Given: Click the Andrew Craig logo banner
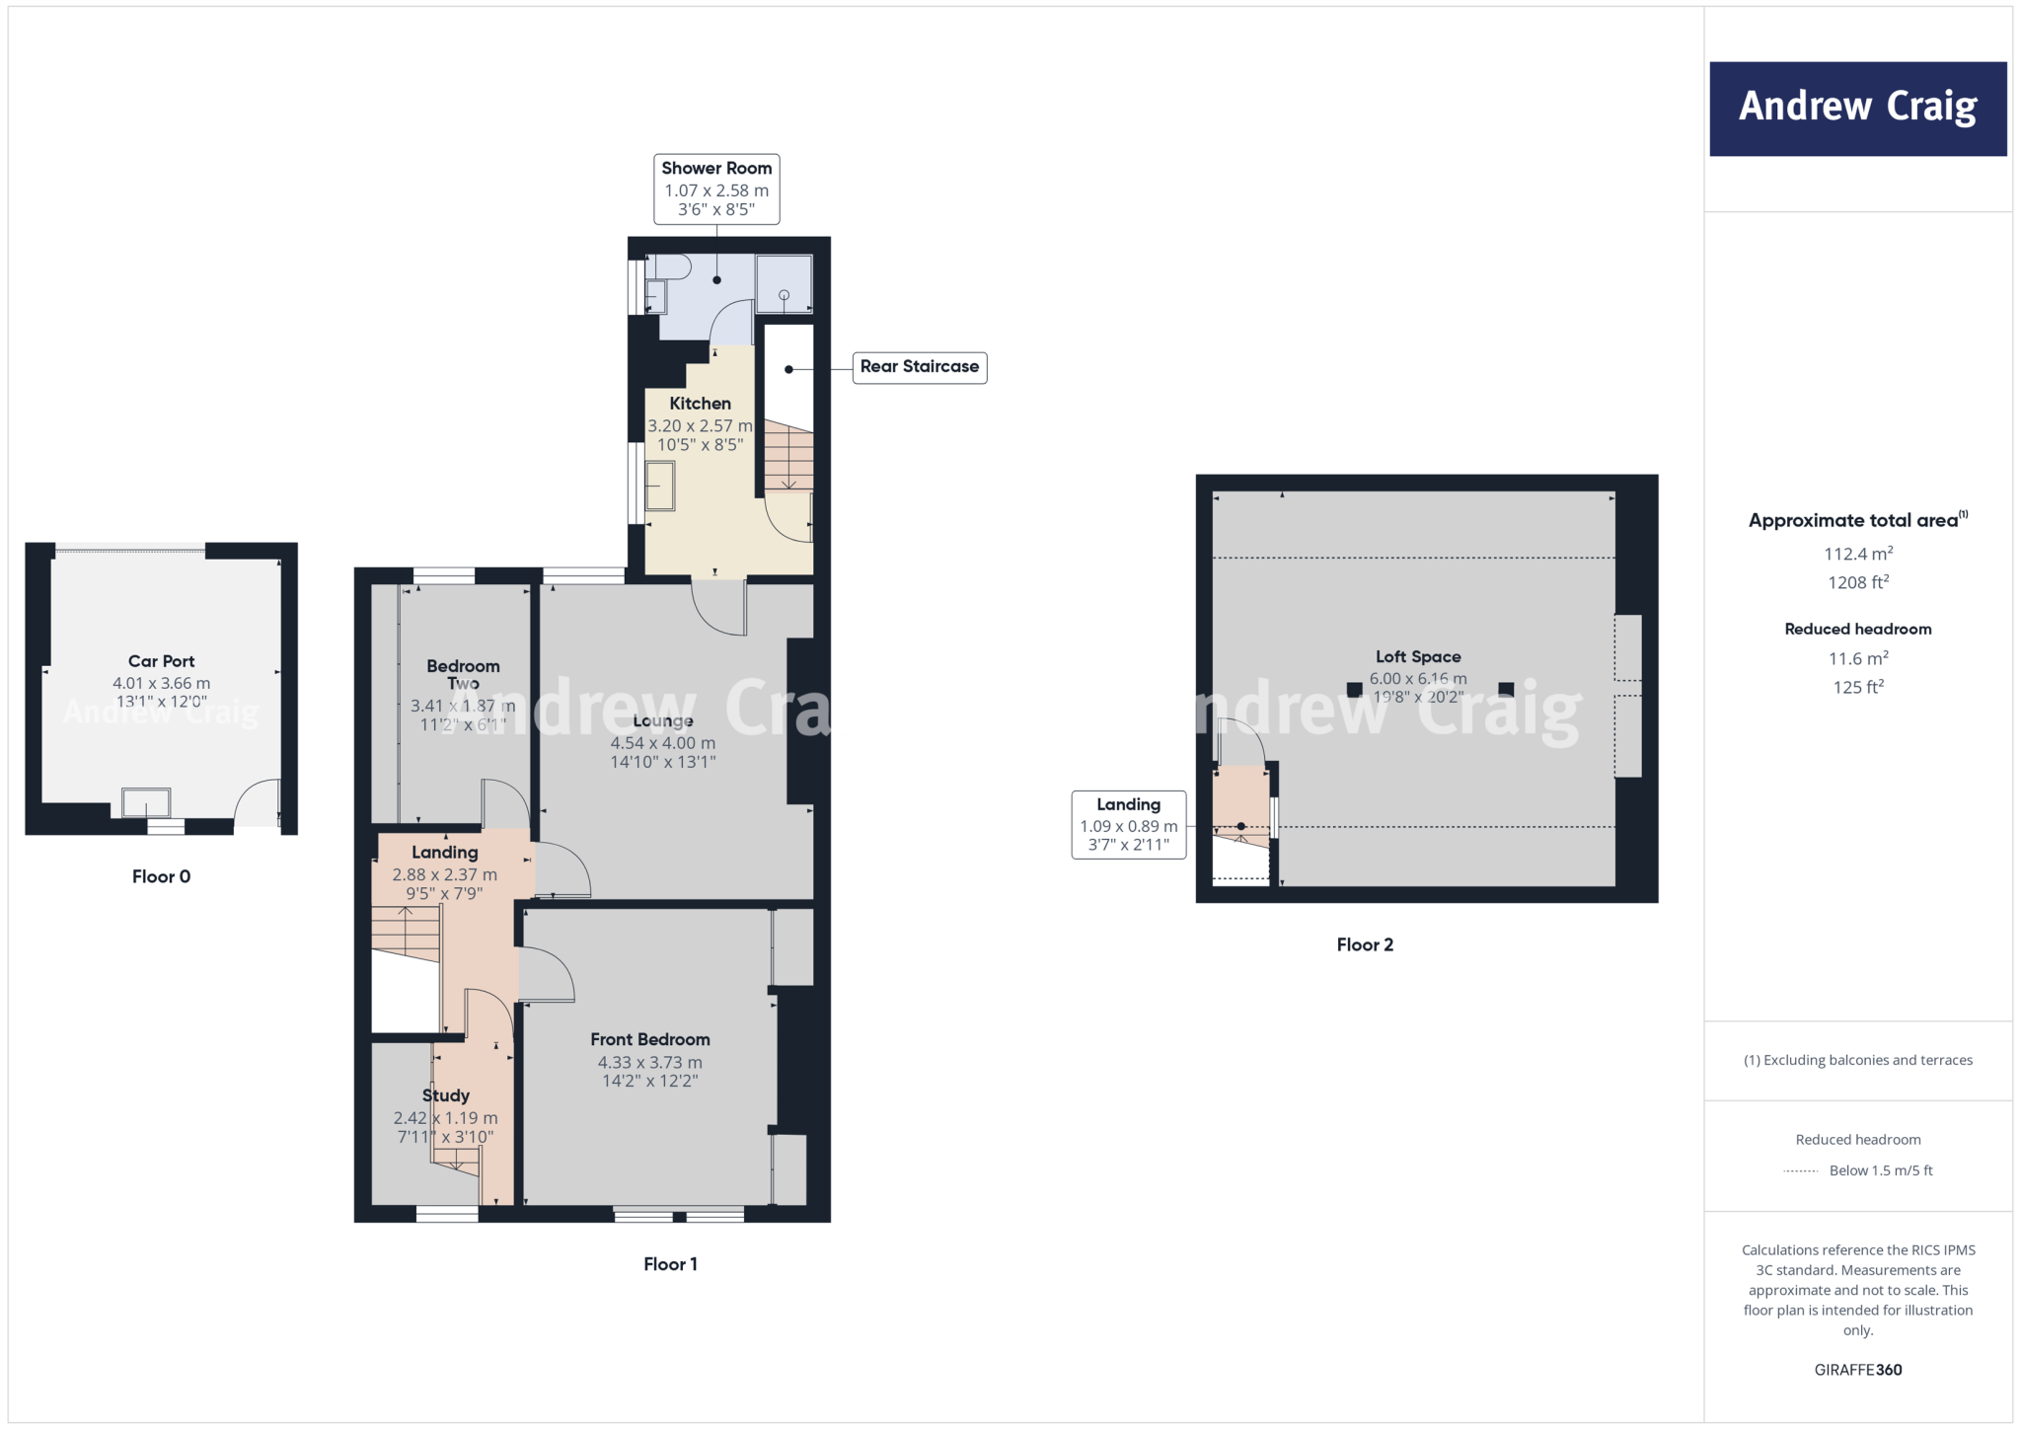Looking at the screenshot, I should point(1857,109).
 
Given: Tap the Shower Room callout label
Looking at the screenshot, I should point(716,188).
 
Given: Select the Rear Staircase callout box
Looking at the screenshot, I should point(919,367).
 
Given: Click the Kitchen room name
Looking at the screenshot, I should point(700,404).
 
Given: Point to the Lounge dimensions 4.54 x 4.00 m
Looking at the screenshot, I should point(662,743).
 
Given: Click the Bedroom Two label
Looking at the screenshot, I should point(463,674).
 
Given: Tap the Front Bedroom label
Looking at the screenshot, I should point(649,1039).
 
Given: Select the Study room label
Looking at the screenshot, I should point(445,1095).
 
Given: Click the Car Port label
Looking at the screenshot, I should point(161,661).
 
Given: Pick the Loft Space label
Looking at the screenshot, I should point(1417,656).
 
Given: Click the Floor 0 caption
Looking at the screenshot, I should point(161,876).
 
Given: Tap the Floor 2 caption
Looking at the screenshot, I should point(1365,944).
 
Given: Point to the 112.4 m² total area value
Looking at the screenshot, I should point(1857,554).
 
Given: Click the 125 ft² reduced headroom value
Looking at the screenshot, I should point(1857,687).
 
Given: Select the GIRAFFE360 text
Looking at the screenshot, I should point(1857,1370).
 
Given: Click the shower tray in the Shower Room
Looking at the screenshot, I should point(784,284).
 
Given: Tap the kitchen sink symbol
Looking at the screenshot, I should point(659,486).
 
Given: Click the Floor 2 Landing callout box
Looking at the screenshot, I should point(1128,824).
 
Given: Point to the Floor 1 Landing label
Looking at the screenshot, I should point(444,853).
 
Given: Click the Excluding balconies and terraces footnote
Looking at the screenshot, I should point(1857,1060).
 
